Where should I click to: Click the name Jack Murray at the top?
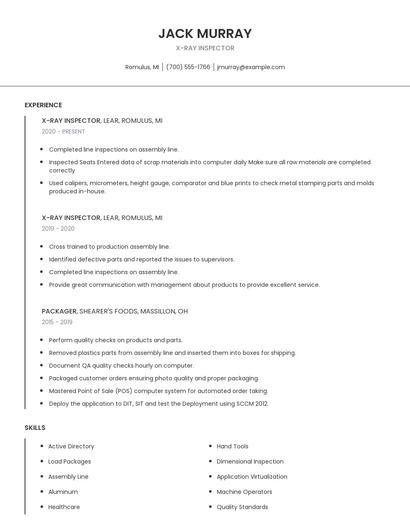click(x=205, y=33)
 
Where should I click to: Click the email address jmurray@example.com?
click(x=251, y=67)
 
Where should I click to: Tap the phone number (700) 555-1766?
click(x=188, y=67)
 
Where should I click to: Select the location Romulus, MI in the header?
click(x=142, y=67)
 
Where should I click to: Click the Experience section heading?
click(x=43, y=105)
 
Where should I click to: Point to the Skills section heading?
click(x=35, y=428)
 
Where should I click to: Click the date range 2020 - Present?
click(x=63, y=131)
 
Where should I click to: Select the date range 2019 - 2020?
click(x=58, y=228)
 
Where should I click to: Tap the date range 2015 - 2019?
click(x=57, y=322)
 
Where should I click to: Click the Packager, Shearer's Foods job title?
click(x=115, y=311)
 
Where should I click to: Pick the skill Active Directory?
click(x=71, y=446)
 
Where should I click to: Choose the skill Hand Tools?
click(x=232, y=446)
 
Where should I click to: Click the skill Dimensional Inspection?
click(x=250, y=461)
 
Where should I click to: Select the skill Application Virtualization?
click(x=252, y=477)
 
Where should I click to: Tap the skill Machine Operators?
click(x=244, y=492)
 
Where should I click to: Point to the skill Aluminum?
click(x=63, y=492)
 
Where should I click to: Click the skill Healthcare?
click(x=64, y=507)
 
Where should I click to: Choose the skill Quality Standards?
click(x=242, y=507)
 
